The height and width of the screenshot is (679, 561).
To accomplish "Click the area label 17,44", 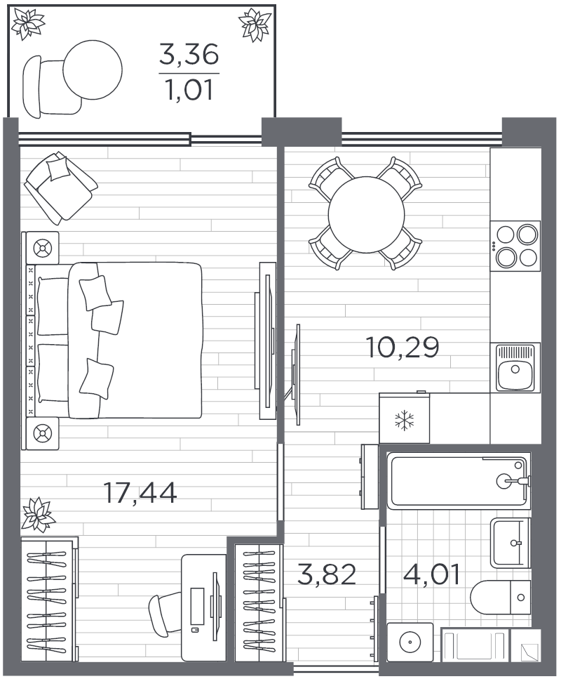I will pos(140,492).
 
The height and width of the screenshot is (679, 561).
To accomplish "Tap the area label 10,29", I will pos(403,347).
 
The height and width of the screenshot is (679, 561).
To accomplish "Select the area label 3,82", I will pos(327,574).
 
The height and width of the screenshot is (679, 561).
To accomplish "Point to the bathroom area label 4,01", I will pos(431,574).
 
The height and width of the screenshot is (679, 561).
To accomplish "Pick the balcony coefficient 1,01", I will pos(189,91).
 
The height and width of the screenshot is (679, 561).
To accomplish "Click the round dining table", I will pos(366,214).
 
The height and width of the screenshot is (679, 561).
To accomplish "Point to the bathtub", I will pos(457,481).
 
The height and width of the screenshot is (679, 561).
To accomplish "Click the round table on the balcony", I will pos(93,69).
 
